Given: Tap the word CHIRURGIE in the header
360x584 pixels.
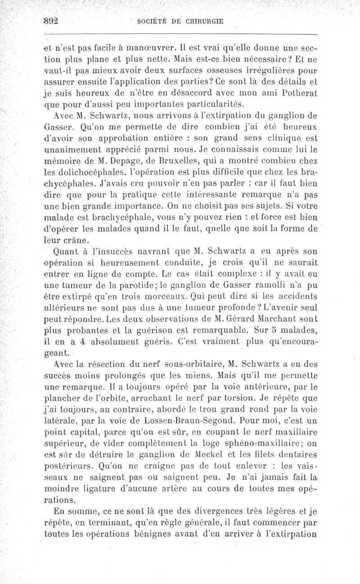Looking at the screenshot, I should (206, 21).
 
